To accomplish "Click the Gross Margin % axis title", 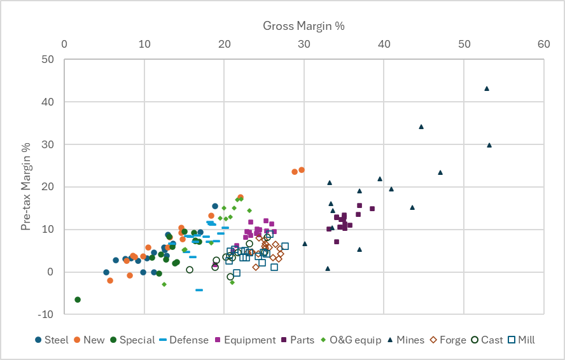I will tap(303, 25).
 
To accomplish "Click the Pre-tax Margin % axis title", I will tap(26, 186).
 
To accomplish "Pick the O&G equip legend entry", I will tap(351, 340).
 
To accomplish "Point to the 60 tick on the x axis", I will tap(543, 45).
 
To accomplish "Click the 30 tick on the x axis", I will tap(304, 45).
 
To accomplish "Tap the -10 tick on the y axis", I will tap(46, 314).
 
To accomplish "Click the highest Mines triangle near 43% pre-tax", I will tap(487, 88).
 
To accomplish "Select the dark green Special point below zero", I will tap(78, 300).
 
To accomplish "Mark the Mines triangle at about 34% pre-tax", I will tap(421, 127).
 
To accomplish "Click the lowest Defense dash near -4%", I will tap(199, 290).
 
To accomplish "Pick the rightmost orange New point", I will tap(302, 170).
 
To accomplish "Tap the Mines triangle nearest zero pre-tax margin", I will tap(328, 268).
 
